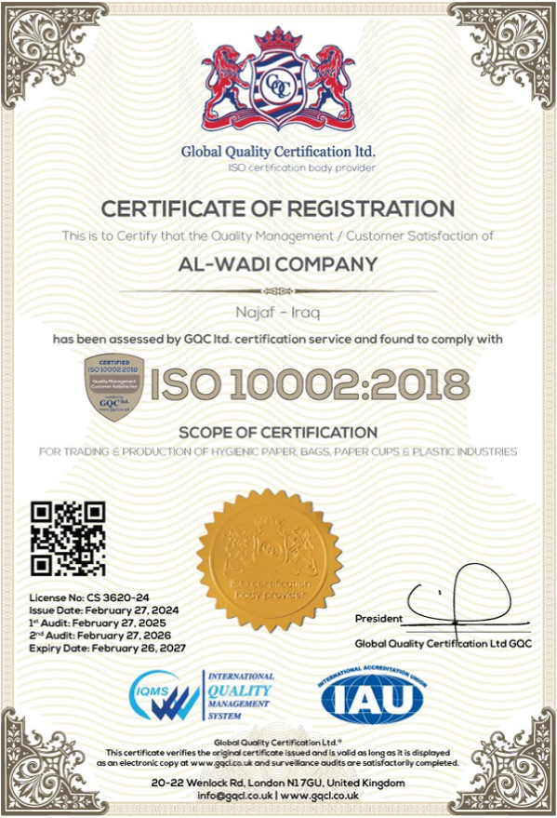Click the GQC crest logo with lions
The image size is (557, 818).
(x=278, y=82)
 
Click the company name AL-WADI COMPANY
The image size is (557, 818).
(x=278, y=264)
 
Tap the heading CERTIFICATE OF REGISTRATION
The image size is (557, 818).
(x=278, y=208)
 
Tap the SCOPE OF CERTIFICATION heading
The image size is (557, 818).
(x=278, y=433)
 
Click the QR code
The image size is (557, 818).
(x=69, y=538)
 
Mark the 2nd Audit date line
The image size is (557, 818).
(x=107, y=634)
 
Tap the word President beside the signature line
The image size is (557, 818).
(x=378, y=619)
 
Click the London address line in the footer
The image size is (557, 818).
(x=278, y=783)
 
